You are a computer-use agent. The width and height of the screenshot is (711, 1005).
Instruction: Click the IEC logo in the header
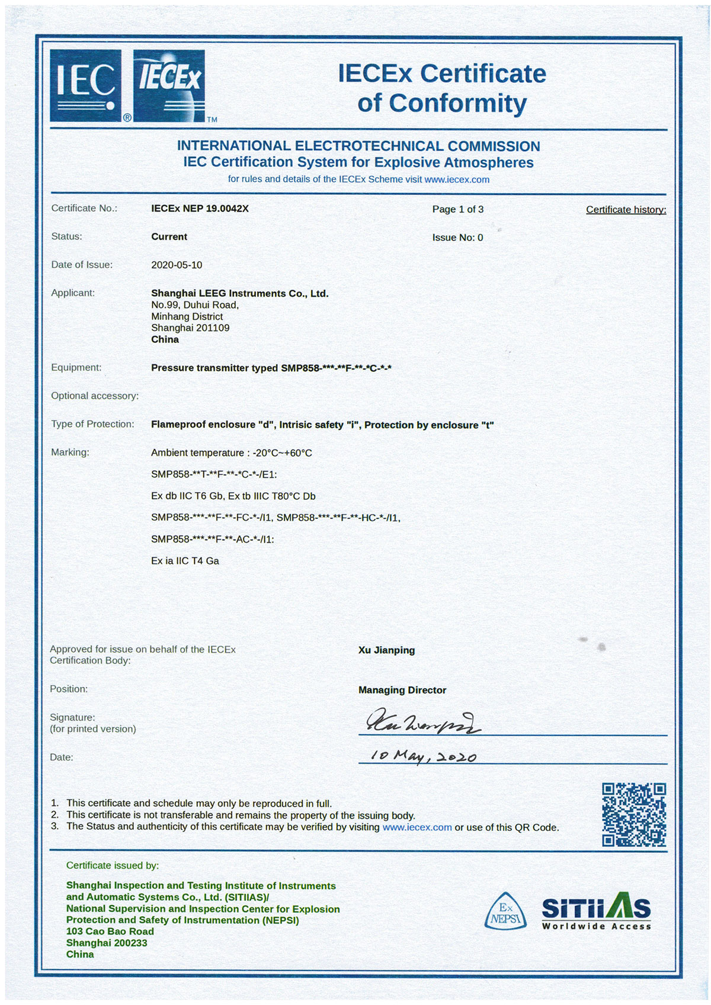86,85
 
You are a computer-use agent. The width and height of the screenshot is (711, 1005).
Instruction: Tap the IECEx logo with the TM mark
170,85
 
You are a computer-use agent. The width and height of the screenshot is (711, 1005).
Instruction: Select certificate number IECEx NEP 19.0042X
200,208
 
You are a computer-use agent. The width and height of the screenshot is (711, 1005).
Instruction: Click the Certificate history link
626,210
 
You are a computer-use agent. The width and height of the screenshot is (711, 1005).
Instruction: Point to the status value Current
169,237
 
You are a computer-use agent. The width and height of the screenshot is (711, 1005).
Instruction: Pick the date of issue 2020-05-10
177,265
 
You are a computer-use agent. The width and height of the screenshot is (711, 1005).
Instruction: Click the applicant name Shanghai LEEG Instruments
239,293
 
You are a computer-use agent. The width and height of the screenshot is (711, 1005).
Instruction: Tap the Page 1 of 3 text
457,209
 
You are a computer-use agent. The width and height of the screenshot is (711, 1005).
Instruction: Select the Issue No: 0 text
457,237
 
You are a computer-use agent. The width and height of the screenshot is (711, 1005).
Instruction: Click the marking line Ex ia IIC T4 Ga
185,561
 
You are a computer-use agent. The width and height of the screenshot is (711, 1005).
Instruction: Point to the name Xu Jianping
386,650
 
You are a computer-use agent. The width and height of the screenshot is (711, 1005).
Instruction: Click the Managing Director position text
402,690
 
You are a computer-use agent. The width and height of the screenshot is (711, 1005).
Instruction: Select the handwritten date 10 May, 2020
423,756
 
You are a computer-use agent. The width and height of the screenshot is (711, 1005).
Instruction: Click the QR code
634,814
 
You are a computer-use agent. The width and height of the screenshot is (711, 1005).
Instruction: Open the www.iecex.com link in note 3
417,827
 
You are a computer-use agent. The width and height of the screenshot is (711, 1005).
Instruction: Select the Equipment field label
76,367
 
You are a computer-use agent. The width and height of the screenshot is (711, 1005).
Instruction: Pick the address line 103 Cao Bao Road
110,932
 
